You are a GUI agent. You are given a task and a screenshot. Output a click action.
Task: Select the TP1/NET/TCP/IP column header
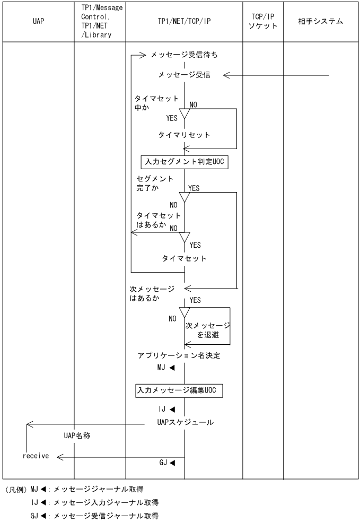point(184,22)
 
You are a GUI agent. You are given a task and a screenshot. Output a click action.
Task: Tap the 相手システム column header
point(321,22)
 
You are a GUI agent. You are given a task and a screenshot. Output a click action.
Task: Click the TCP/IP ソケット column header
point(263,22)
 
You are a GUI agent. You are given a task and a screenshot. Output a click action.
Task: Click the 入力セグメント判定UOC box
point(185,162)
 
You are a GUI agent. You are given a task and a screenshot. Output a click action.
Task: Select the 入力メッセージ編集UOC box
point(178,391)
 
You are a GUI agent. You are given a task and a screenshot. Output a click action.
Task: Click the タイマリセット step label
point(185,135)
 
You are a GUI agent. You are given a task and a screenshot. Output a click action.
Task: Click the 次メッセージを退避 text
point(207,330)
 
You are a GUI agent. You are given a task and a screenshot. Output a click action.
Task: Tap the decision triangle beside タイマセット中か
point(185,113)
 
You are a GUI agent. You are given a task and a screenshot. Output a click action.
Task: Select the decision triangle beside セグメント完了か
point(185,197)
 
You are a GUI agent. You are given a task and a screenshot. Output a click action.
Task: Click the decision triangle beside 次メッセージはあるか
point(185,311)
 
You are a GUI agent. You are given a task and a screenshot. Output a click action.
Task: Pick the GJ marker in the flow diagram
point(167,463)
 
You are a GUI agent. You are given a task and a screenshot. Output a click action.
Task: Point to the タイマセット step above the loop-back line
point(185,259)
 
